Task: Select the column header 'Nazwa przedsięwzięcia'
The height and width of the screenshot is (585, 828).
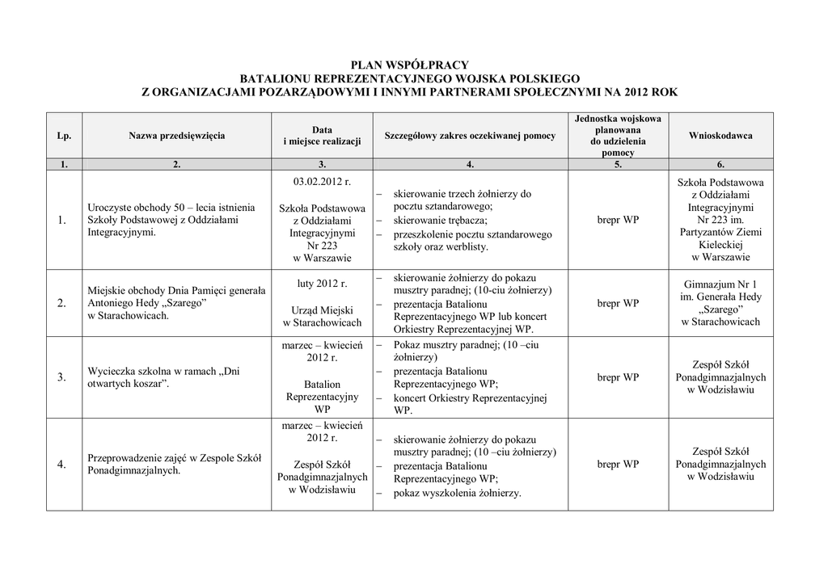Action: [176, 136]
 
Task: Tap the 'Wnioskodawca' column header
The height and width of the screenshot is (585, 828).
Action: [720, 136]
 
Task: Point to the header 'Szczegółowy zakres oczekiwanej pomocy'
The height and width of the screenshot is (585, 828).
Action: [470, 136]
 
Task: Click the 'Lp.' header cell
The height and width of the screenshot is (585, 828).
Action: [65, 136]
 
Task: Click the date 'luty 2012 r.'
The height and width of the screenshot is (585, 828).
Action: [321, 284]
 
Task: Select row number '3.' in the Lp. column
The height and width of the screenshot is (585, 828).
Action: [62, 377]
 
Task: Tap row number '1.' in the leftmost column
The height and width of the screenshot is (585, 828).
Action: [62, 220]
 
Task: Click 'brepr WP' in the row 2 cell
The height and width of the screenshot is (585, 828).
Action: [618, 303]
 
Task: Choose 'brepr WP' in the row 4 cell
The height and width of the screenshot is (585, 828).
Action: [618, 465]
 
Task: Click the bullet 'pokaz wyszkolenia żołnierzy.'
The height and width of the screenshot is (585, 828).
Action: [458, 493]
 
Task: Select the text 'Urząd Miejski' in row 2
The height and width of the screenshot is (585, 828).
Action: [321, 309]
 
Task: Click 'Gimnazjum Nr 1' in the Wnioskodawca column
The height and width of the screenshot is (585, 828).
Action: [720, 284]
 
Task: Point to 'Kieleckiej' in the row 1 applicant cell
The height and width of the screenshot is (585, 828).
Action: [720, 245]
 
